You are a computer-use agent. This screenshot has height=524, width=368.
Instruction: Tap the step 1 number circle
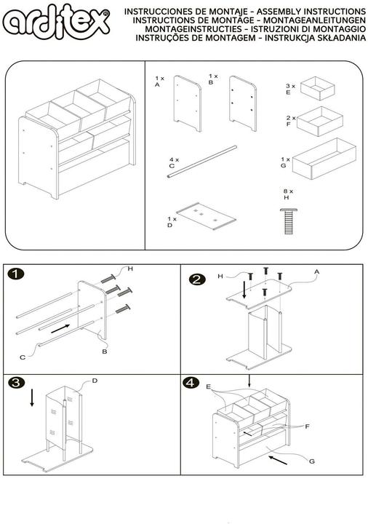(x=16, y=274)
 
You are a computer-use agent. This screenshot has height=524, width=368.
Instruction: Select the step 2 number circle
(x=197, y=279)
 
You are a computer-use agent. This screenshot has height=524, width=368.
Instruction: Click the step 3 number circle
(x=16, y=383)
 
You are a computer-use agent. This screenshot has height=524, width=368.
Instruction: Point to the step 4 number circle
(x=191, y=383)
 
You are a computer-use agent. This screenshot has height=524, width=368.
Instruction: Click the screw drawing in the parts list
(x=288, y=221)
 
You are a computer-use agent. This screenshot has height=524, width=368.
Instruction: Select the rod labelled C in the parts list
(x=202, y=162)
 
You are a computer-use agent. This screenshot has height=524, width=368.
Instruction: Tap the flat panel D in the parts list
(x=206, y=215)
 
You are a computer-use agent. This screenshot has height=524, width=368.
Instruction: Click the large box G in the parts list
(x=324, y=159)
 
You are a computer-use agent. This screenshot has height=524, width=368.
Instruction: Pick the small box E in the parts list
(x=317, y=89)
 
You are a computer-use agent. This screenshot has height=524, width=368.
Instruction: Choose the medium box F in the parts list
(x=319, y=121)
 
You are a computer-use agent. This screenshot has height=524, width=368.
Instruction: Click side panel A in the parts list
(x=188, y=103)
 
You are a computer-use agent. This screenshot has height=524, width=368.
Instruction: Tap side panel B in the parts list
(x=243, y=103)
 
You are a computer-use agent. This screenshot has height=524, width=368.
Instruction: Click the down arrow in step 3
(x=32, y=397)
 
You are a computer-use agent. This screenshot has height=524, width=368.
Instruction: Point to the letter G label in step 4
(x=311, y=461)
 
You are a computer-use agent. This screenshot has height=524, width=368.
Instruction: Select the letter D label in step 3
(x=95, y=381)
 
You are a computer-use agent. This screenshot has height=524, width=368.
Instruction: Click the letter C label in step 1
(x=23, y=357)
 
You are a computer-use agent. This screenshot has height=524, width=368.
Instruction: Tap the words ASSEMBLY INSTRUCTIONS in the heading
(x=311, y=12)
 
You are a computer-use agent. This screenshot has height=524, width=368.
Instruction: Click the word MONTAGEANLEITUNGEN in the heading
(x=315, y=20)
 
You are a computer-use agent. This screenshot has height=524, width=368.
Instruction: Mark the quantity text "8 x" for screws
(x=288, y=191)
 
